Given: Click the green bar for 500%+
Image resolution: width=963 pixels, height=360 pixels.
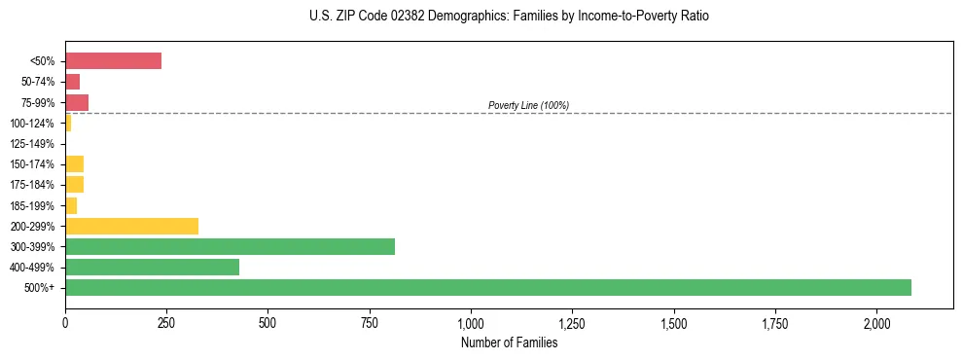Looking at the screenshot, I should (x=487, y=287).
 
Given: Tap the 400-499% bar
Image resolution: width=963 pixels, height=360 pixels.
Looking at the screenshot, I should (x=152, y=267).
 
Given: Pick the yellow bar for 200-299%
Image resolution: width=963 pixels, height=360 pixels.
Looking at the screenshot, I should (x=131, y=226).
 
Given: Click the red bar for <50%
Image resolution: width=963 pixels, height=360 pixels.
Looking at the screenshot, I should (x=113, y=61).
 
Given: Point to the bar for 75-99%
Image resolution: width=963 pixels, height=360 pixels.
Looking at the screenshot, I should (x=77, y=102).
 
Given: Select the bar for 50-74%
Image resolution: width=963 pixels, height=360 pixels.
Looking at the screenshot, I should (x=72, y=82).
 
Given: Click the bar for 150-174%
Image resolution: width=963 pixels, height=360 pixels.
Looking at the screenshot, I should (x=74, y=163).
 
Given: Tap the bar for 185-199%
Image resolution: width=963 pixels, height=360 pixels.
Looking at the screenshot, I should (x=71, y=205).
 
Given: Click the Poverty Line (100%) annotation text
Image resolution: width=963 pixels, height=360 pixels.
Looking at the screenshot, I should (x=528, y=105).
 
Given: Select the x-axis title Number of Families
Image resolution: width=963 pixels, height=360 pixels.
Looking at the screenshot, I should (x=509, y=342).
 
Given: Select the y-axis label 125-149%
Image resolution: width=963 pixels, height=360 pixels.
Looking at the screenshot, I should (x=32, y=144).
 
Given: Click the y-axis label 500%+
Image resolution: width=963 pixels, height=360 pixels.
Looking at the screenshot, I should (x=39, y=288).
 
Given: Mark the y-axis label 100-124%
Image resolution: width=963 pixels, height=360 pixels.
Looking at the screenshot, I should (x=32, y=124).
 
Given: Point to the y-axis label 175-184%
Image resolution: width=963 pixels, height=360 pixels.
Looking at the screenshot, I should (x=32, y=185).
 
